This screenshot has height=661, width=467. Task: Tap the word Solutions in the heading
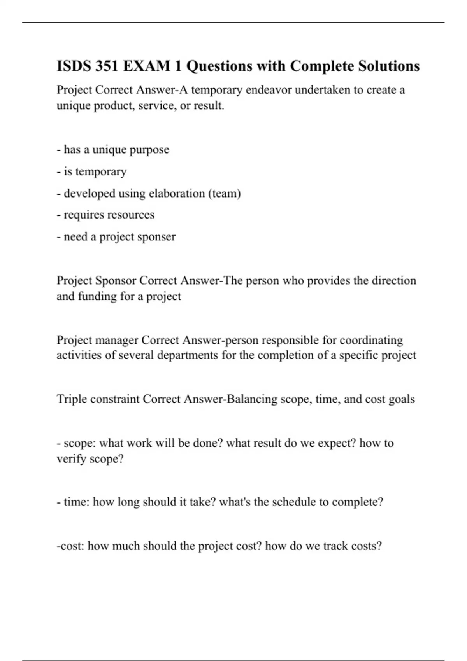click(x=389, y=66)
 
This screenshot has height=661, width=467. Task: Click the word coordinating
click(x=371, y=340)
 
